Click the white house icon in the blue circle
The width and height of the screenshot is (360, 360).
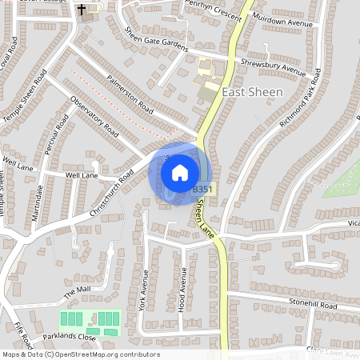coord(180,172)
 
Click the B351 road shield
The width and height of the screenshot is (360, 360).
coord(203,189)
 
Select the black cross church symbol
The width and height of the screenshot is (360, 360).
coord(82,10)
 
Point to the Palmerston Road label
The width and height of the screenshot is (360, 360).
coord(122,91)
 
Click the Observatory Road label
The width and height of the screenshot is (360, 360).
coord(94,117)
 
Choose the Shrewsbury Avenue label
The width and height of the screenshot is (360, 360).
coord(274,67)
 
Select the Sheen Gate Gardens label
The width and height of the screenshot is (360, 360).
coord(155,38)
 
